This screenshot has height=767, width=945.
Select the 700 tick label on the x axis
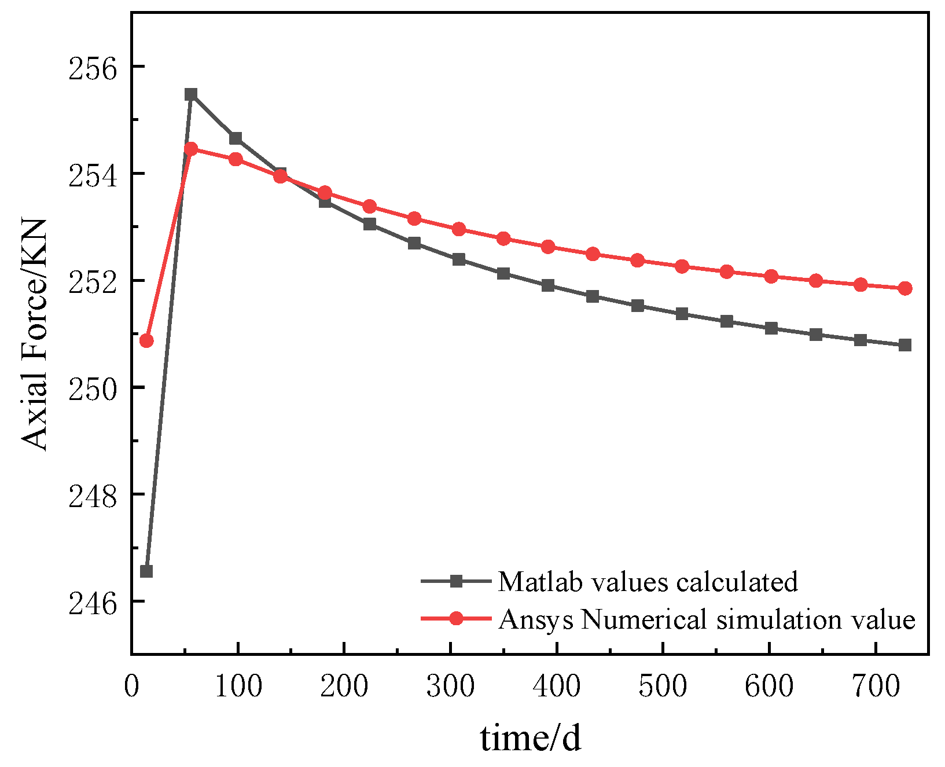pos(876,687)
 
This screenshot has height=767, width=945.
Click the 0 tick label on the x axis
pos(132,687)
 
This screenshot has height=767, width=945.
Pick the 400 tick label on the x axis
pos(556,687)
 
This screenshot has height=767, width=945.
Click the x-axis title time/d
pos(530,739)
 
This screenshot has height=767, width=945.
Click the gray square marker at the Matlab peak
pos(191,94)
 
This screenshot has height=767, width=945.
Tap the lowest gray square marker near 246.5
pos(146,571)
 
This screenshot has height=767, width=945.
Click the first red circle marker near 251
pos(146,340)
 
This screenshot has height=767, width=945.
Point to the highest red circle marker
pos(191,149)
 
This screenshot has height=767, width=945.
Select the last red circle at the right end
pos(905,288)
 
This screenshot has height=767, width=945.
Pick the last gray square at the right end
pos(905,345)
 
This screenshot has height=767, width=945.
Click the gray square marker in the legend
pos(456,581)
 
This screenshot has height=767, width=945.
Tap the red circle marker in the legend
pos(456,618)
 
